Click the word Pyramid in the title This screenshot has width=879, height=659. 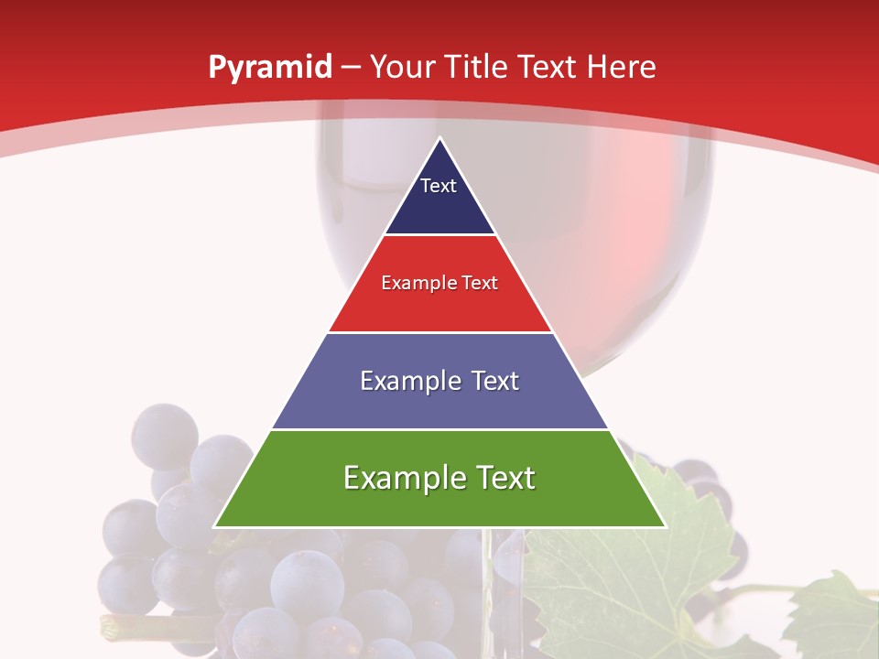pos(269,68)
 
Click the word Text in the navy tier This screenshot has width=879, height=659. pos(439,186)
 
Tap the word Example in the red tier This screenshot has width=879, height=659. pos(410,283)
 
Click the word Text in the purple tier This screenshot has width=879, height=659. pos(489,381)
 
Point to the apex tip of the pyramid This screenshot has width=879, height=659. pos(440,139)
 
